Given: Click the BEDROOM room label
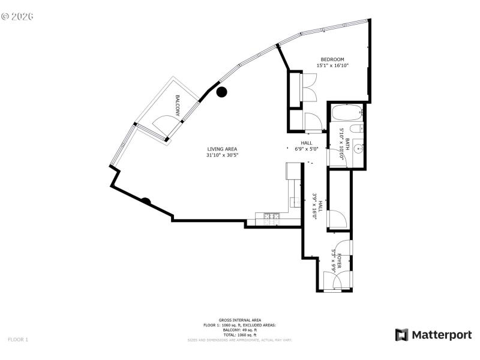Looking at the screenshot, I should coord(332,59).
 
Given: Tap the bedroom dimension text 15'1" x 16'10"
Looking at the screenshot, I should coord(332,65).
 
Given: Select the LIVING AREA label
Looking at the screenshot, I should coord(223,149).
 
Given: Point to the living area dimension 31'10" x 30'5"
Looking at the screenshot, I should coord(223,155).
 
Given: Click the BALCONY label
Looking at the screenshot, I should coord(178,105).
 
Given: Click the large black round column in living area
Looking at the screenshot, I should coord(221,92).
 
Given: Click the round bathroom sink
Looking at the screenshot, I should coord(358,149).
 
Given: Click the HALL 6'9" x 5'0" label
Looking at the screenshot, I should coord(306,146).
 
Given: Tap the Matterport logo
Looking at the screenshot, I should coord(433,335).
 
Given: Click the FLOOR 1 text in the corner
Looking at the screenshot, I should coord(18,340).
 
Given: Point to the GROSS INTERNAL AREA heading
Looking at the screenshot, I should coord(239,320).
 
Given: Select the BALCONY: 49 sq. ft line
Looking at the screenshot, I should coord(239,330).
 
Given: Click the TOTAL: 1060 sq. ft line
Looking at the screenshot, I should coord(239,335).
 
